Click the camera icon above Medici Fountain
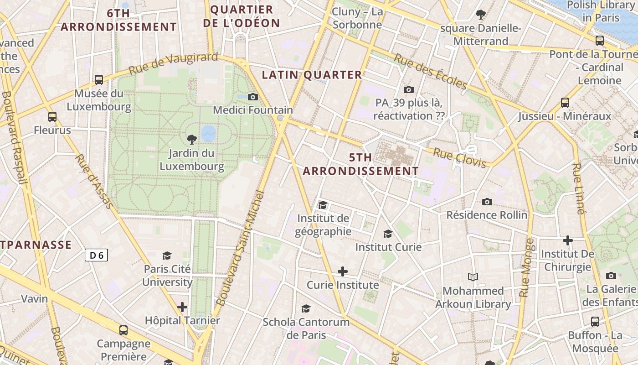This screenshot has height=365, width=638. pyautogui.click(x=253, y=97)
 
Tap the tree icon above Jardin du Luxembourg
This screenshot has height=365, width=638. pyautogui.click(x=191, y=139)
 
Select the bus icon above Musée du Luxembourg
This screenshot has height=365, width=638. pyautogui.click(x=99, y=80)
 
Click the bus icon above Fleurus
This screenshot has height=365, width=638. pyautogui.click(x=52, y=117)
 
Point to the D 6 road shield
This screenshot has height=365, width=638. pyautogui.click(x=96, y=255)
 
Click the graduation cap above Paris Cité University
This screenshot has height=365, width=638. pyautogui.click(x=167, y=255)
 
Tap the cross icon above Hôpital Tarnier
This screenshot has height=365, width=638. pyautogui.click(x=182, y=307)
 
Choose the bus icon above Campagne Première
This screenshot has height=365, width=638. pyautogui.click(x=123, y=330)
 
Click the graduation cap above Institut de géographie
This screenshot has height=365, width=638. pyautogui.click(x=323, y=205)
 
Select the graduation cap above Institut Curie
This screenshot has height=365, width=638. pyautogui.click(x=388, y=234)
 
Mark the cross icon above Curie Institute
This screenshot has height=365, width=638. pyautogui.click(x=342, y=271)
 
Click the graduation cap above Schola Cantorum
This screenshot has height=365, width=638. pyautogui.click(x=306, y=309)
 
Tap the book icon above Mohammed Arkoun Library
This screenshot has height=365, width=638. pyautogui.click(x=473, y=277)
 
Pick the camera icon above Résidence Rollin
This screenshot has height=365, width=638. pyautogui.click(x=487, y=202)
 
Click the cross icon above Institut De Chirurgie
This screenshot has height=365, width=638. pyautogui.click(x=567, y=240)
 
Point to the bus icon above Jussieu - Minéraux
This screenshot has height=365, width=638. pyautogui.click(x=565, y=103)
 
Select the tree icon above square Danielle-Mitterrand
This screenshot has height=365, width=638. pyautogui.click(x=480, y=15)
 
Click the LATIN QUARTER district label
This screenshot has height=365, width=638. pyautogui.click(x=312, y=75)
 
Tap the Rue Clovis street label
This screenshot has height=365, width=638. pyautogui.click(x=459, y=157)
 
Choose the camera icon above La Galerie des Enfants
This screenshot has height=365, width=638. pyautogui.click(x=611, y=276)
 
